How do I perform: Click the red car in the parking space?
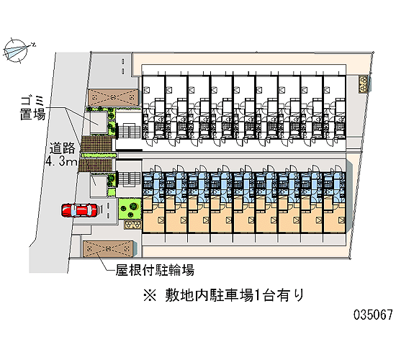pyautogui.click(x=79, y=210)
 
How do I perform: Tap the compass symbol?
pyautogui.click(x=17, y=51)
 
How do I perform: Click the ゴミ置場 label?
pyautogui.click(x=32, y=107)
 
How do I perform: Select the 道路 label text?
pyautogui.click(x=62, y=148)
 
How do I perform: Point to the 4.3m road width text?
pyautogui.click(x=61, y=161)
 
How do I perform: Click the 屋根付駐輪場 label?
pyautogui.click(x=155, y=270)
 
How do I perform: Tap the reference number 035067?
pyautogui.click(x=373, y=315)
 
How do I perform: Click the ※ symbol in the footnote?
pyautogui.click(x=150, y=296)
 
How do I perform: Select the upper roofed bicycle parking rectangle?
pyautogui.click(x=113, y=97)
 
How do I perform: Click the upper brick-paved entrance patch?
pyautogui.click(x=96, y=144)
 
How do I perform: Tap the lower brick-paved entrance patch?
pyautogui.click(x=96, y=165)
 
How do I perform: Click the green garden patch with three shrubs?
pyautogui.click(x=130, y=209)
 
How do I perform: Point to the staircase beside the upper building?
pyautogui.click(x=130, y=131)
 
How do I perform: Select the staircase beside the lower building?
pyautogui.click(x=130, y=179)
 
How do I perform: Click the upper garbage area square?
pyautogui.click(x=99, y=123)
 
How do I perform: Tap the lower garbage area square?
pyautogui.click(x=99, y=186)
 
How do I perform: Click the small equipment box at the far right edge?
pyautogui.click(x=364, y=84)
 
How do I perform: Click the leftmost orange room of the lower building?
pyautogui.click(x=153, y=215)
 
